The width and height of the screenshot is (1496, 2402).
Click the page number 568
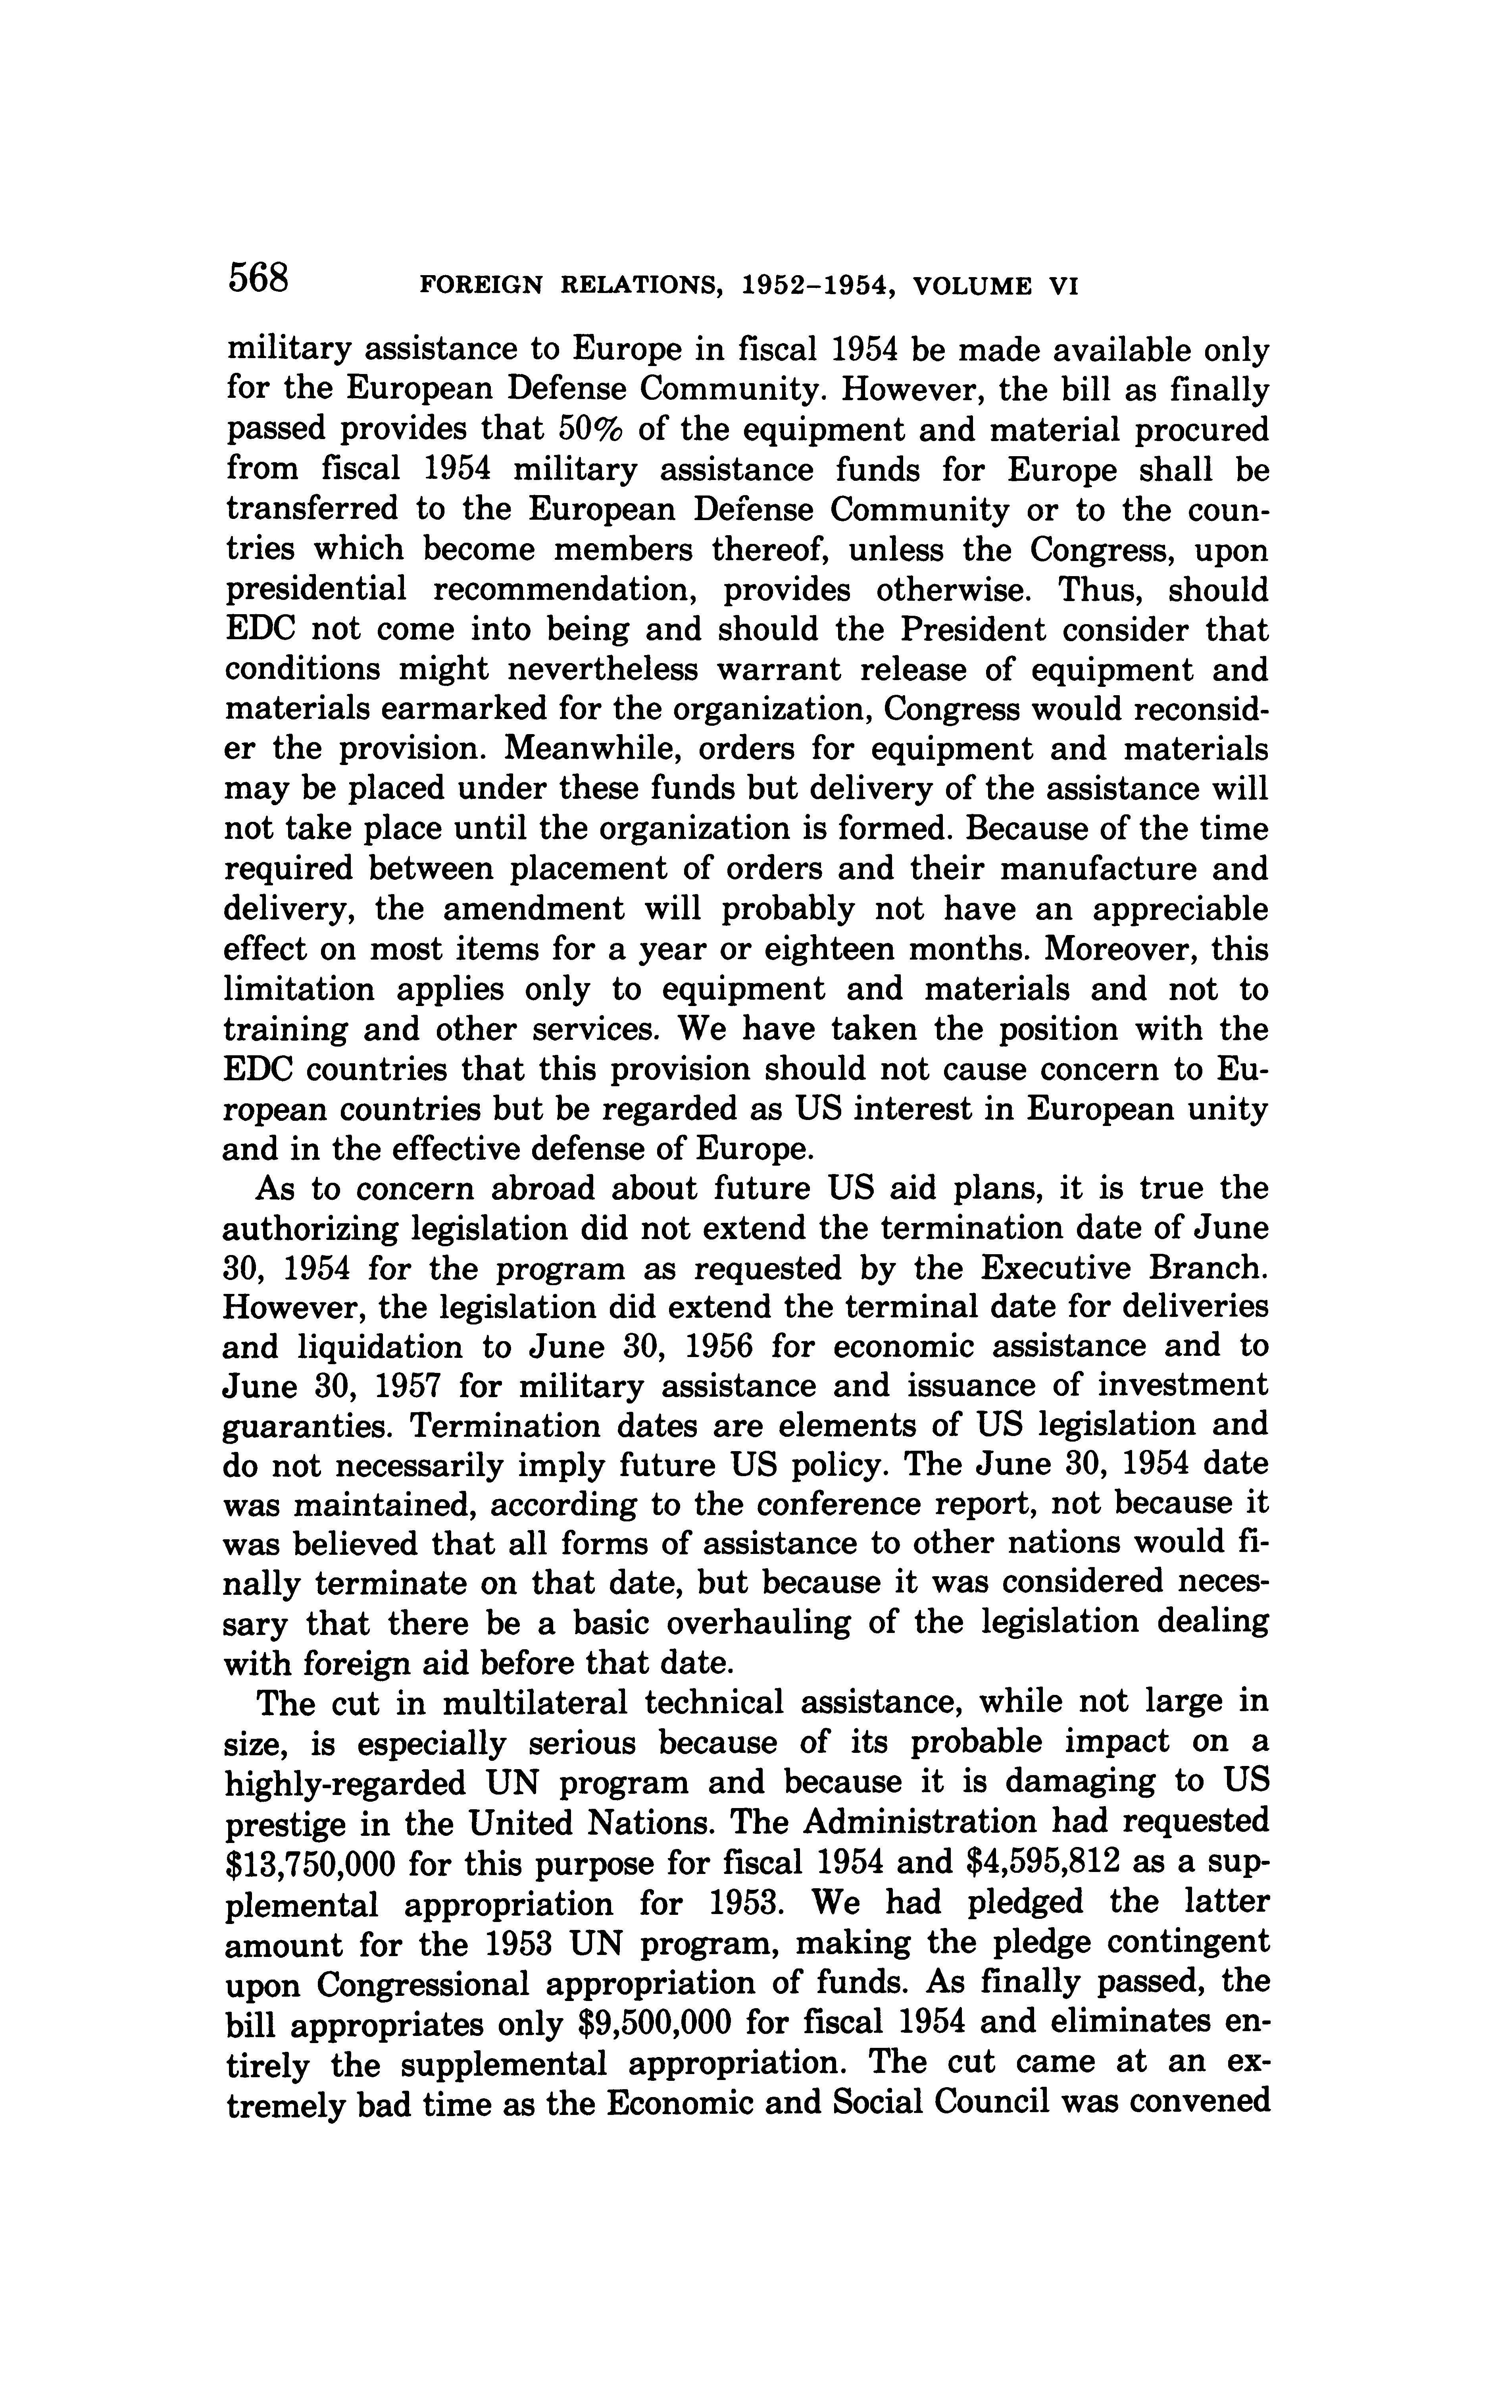click(x=258, y=277)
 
